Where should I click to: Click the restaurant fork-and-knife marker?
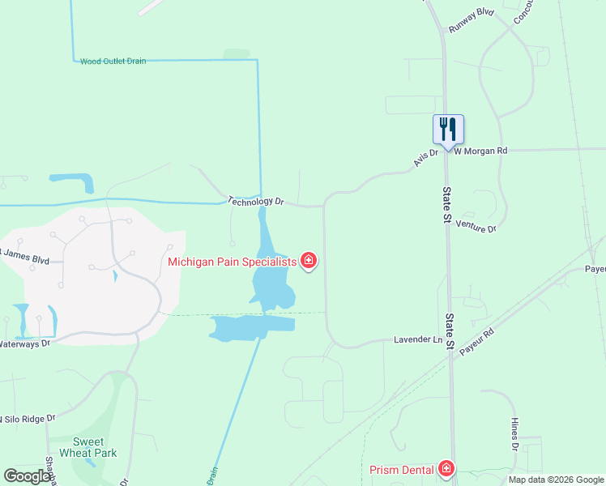(448, 128)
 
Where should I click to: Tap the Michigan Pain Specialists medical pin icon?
(309, 261)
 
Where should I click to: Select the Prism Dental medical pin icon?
(446, 468)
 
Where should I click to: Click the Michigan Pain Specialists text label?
(233, 262)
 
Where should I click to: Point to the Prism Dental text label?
(402, 470)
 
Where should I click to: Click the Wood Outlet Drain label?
(113, 62)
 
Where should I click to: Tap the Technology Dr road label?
(256, 201)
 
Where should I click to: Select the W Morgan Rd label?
(480, 151)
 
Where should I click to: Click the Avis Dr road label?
(425, 157)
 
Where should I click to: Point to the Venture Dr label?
(476, 227)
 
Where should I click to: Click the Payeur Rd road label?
(477, 344)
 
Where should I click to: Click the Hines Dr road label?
(514, 434)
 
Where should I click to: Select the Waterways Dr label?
(24, 343)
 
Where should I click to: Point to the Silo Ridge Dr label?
(28, 418)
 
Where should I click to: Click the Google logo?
(28, 476)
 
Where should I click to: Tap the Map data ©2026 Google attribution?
(555, 480)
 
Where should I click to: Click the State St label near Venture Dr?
(447, 202)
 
